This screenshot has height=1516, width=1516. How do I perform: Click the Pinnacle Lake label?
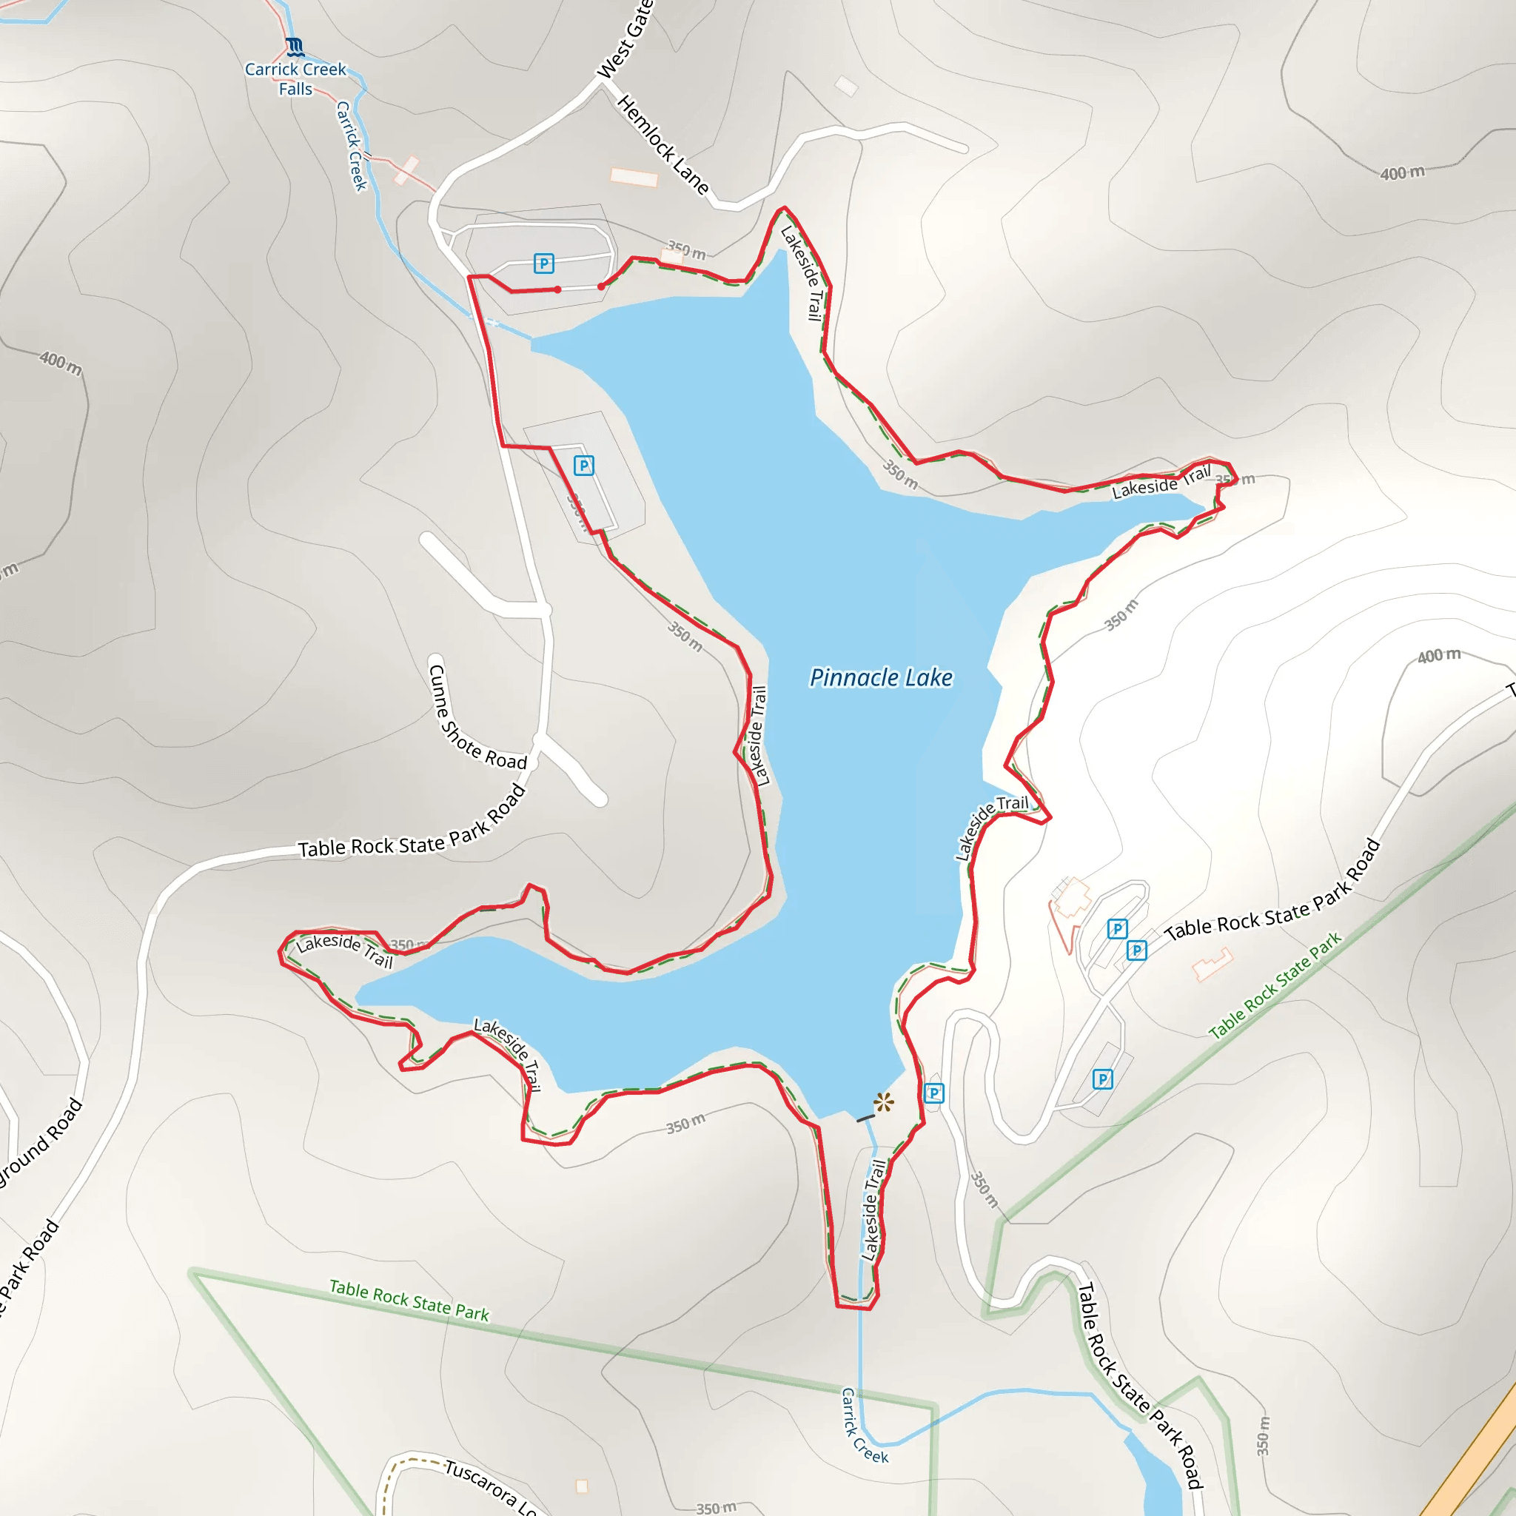880,677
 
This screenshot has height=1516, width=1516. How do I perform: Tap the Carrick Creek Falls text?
295,78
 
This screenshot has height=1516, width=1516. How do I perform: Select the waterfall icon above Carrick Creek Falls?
295,47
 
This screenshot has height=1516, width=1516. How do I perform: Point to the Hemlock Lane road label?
663,144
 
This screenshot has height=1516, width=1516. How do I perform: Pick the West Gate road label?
625,39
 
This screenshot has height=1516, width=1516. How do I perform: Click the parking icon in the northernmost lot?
544,263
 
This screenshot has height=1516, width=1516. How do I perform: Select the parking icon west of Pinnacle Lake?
584,466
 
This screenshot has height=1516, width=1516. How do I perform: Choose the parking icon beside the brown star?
933,1093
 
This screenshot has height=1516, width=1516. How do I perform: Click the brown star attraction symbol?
884,1102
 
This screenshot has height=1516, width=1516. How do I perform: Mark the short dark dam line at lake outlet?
865,1117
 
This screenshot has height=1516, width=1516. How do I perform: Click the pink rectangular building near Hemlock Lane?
634,178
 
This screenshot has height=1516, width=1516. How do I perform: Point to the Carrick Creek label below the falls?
352,145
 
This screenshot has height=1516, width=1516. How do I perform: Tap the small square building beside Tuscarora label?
581,1486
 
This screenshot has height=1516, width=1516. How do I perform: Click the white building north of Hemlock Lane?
846,86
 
